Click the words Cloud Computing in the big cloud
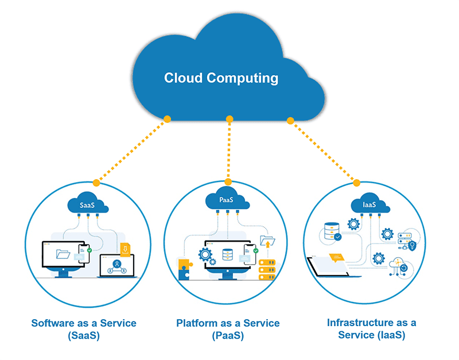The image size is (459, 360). [x=221, y=78]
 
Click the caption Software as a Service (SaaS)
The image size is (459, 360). [x=84, y=329]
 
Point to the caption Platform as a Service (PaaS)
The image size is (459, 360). [x=228, y=329]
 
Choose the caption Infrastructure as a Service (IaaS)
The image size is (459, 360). [x=371, y=329]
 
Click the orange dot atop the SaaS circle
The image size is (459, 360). [x=96, y=182]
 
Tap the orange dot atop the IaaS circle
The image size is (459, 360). [x=356, y=183]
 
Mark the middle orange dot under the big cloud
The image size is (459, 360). [x=229, y=119]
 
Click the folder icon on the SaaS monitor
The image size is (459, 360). [x=63, y=253]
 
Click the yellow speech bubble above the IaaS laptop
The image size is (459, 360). [x=336, y=257]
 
